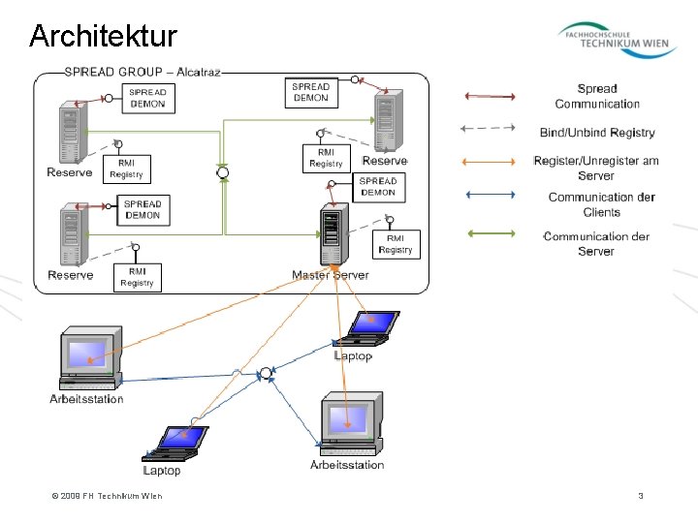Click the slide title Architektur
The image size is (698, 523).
click(103, 37)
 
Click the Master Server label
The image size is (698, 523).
click(331, 275)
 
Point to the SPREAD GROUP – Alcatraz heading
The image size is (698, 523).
click(143, 72)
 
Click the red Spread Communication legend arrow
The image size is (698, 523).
click(491, 96)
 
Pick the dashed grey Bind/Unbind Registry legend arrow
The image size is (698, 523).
click(491, 128)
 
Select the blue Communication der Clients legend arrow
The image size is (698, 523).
click(491, 194)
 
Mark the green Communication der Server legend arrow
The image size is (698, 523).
click(491, 233)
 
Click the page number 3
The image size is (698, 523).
click(641, 496)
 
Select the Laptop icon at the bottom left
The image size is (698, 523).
click(175, 443)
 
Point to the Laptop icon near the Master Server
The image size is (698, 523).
click(368, 327)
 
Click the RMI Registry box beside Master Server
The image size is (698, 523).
click(396, 244)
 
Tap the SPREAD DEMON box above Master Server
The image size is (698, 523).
click(378, 186)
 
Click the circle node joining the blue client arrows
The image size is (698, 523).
click(266, 373)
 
